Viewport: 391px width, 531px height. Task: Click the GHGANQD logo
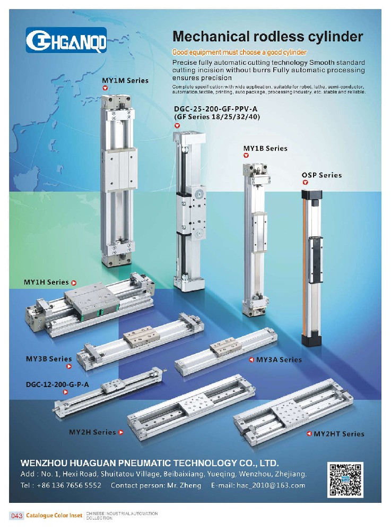pyautogui.click(x=66, y=40)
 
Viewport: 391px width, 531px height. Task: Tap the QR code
pyautogui.click(x=345, y=480)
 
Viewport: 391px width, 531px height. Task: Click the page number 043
pyautogui.click(x=17, y=516)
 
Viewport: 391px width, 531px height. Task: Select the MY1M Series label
pyautogui.click(x=125, y=81)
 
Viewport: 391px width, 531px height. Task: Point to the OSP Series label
pyautogui.click(x=322, y=175)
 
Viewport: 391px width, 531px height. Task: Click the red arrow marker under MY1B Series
pyautogui.click(x=246, y=156)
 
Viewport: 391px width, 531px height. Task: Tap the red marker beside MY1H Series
pyautogui.click(x=74, y=282)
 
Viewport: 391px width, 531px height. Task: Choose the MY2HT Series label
pyautogui.click(x=339, y=434)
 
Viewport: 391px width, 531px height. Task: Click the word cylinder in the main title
pyautogui.click(x=331, y=37)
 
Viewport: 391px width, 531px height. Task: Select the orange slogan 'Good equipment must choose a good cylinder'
pyautogui.click(x=239, y=52)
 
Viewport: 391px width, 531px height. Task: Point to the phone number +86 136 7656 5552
pyautogui.click(x=69, y=485)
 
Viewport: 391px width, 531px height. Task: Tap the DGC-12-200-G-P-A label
pyautogui.click(x=57, y=384)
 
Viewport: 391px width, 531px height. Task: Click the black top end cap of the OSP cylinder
pyautogui.click(x=312, y=194)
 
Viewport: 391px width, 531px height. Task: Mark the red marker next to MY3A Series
pyautogui.click(x=251, y=359)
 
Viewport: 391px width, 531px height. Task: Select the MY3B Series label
pyautogui.click(x=49, y=358)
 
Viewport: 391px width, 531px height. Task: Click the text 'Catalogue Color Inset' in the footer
pyautogui.click(x=54, y=516)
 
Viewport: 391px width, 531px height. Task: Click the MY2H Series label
pyautogui.click(x=92, y=432)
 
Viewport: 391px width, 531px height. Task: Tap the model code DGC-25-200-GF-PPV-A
pyautogui.click(x=215, y=109)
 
